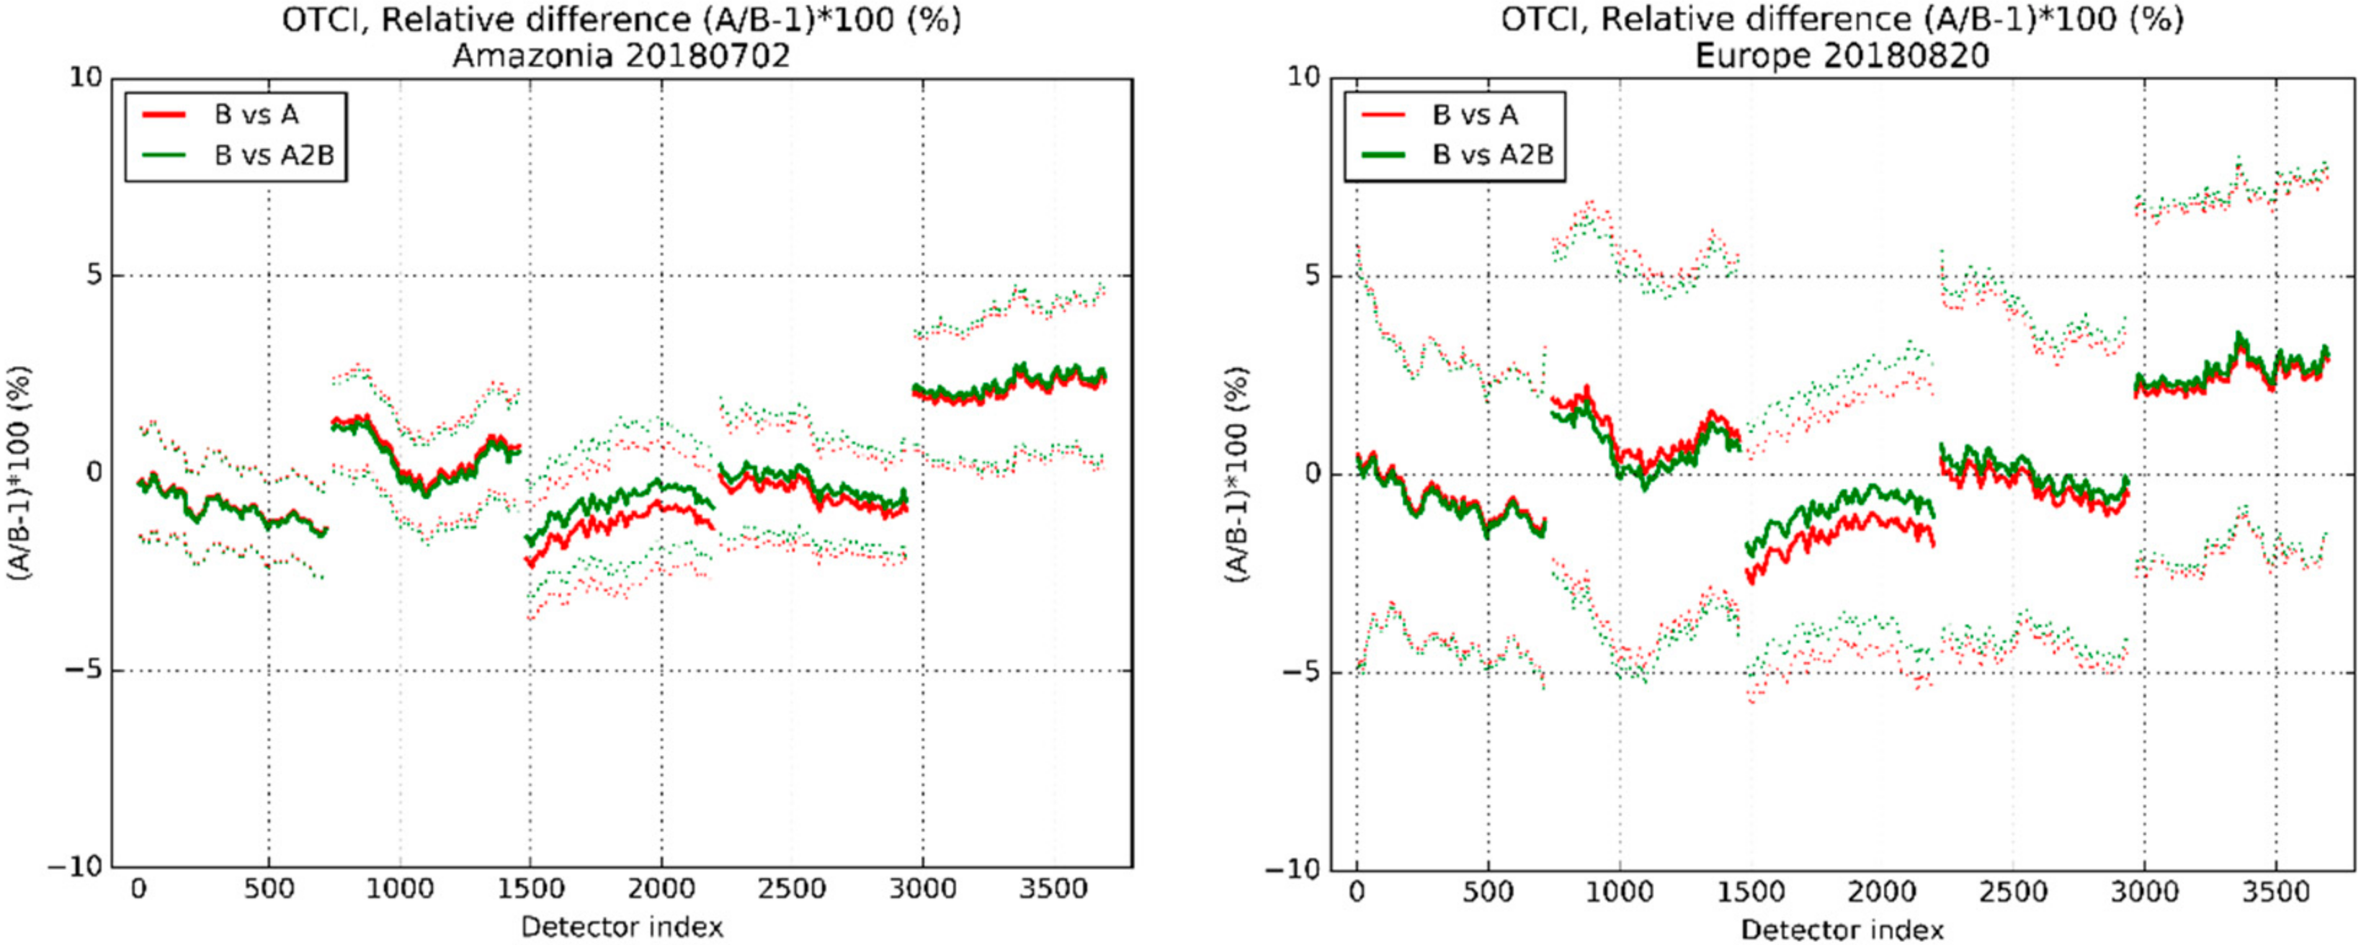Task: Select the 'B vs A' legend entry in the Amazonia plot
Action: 256,115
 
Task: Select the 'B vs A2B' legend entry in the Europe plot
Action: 1492,155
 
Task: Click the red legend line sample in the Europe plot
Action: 1383,115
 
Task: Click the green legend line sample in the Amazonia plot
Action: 164,155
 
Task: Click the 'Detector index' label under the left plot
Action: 622,928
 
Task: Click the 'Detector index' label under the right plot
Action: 1842,929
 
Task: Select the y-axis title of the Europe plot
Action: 1237,474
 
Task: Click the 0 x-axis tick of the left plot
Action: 138,888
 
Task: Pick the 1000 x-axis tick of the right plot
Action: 1620,890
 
